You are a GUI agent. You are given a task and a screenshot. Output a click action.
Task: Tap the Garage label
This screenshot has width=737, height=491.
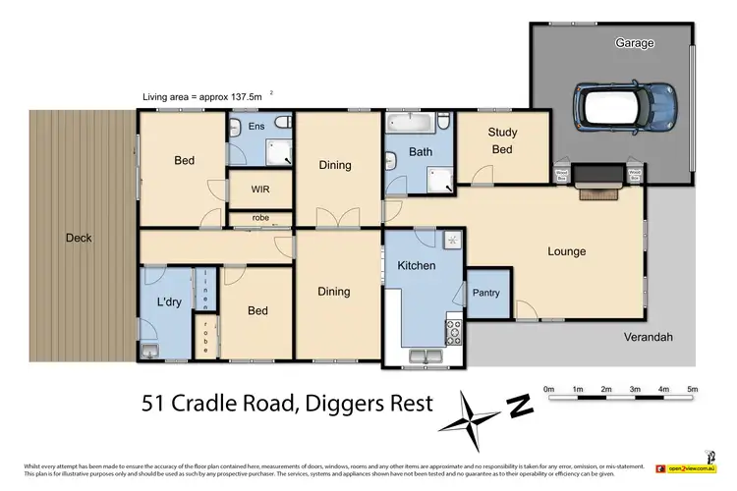click(635, 43)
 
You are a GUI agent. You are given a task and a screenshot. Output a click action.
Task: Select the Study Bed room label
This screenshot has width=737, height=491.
click(502, 140)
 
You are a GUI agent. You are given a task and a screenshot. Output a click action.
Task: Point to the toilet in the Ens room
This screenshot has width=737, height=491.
click(282, 124)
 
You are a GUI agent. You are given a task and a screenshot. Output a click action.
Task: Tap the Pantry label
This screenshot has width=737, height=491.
click(486, 293)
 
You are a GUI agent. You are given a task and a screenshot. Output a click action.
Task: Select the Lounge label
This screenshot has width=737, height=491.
click(566, 251)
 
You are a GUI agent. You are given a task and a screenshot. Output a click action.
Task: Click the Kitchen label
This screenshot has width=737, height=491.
click(417, 266)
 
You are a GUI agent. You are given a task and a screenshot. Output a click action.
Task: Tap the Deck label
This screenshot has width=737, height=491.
click(79, 237)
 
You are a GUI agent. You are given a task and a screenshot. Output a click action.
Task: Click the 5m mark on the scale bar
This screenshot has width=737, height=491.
click(693, 390)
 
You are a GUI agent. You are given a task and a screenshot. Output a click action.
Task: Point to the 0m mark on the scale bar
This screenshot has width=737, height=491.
click(548, 390)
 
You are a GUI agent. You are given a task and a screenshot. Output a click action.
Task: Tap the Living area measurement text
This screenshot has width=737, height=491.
click(202, 96)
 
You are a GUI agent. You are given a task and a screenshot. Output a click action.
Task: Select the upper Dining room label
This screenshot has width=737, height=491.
click(335, 165)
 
